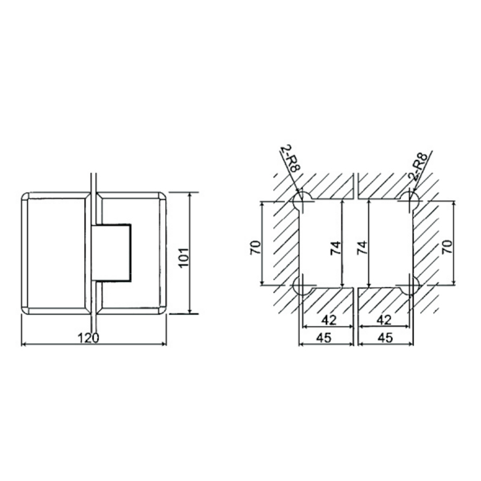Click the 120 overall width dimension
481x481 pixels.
89,337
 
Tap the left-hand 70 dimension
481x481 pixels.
254,246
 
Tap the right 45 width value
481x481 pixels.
385,337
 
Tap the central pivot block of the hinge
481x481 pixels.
112,253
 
